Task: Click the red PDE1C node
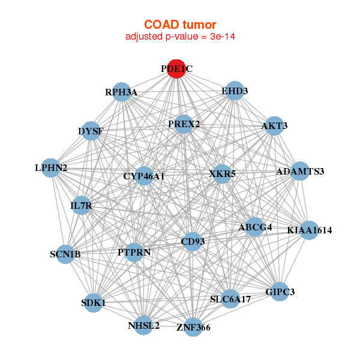[x=176, y=69]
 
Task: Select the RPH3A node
[x=121, y=92]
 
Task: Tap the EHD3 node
[x=235, y=91]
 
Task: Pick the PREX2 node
[x=184, y=124]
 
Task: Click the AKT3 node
[x=274, y=126]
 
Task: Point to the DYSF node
[x=91, y=131]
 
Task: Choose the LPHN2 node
[x=51, y=168]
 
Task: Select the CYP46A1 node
[x=144, y=176]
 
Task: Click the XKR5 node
[x=222, y=174]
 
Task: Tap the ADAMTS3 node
[x=301, y=171]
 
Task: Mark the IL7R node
[x=81, y=205]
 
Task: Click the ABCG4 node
[x=254, y=227]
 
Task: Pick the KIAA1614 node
[x=310, y=230]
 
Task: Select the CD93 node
[x=193, y=242]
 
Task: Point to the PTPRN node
[x=134, y=253]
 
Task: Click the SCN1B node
[x=65, y=254]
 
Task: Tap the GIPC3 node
[x=280, y=292]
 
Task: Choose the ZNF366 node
[x=193, y=327]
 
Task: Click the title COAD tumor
[x=180, y=25]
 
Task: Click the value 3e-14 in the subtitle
[x=223, y=37]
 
